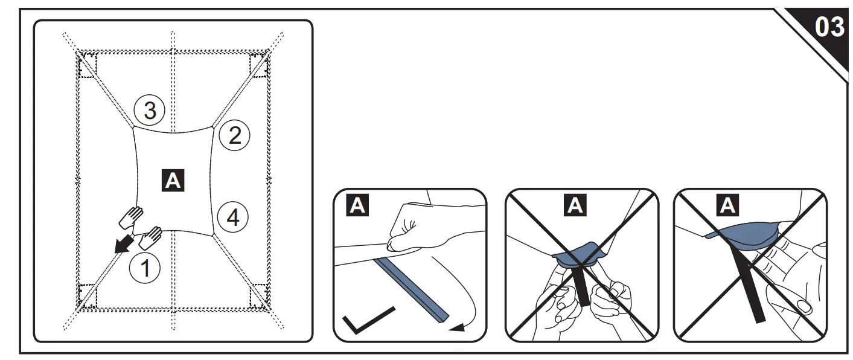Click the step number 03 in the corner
[x=829, y=27]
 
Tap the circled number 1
[x=145, y=268]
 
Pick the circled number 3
[x=149, y=111]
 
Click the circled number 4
[x=232, y=217]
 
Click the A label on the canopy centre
[x=173, y=182]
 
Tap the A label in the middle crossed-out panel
[x=576, y=206]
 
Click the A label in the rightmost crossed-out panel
[x=728, y=206]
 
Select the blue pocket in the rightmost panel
[x=746, y=236]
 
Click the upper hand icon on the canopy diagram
[x=132, y=217]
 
